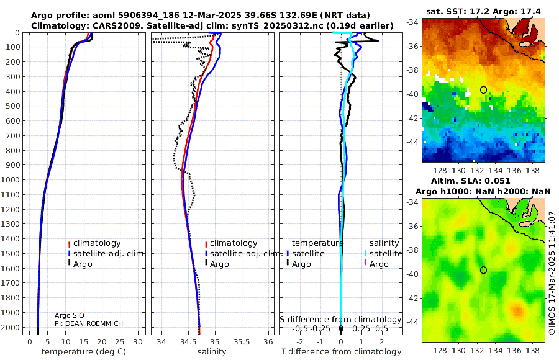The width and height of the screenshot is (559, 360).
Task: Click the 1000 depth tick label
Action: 11,179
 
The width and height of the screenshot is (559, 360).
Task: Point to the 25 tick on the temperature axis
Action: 120,342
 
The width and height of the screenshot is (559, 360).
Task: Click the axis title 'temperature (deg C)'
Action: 84,352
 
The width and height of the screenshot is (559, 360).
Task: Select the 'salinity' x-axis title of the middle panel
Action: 212,352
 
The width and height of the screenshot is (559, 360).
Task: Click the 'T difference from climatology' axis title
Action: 341,352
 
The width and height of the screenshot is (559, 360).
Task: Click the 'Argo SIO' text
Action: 69,315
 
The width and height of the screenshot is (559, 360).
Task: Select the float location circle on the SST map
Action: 483,90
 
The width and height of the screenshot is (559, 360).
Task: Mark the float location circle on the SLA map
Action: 483,270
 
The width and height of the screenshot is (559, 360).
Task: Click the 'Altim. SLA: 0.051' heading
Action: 471,181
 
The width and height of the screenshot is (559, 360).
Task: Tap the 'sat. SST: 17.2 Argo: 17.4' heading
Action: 483,11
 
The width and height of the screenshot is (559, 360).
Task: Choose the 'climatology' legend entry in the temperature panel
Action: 94,243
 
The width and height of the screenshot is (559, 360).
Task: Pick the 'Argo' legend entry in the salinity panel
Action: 217,264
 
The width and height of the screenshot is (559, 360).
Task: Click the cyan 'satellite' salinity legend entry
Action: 383,253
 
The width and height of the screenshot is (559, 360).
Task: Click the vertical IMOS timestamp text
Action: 552,273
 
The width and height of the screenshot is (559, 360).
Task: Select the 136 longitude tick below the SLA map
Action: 514,350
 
